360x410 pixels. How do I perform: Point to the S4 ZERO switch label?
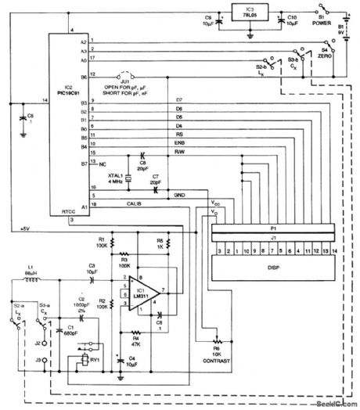coord(322,55)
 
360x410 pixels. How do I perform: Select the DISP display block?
coord(273,268)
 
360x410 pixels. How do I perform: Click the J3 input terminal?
coord(37,361)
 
